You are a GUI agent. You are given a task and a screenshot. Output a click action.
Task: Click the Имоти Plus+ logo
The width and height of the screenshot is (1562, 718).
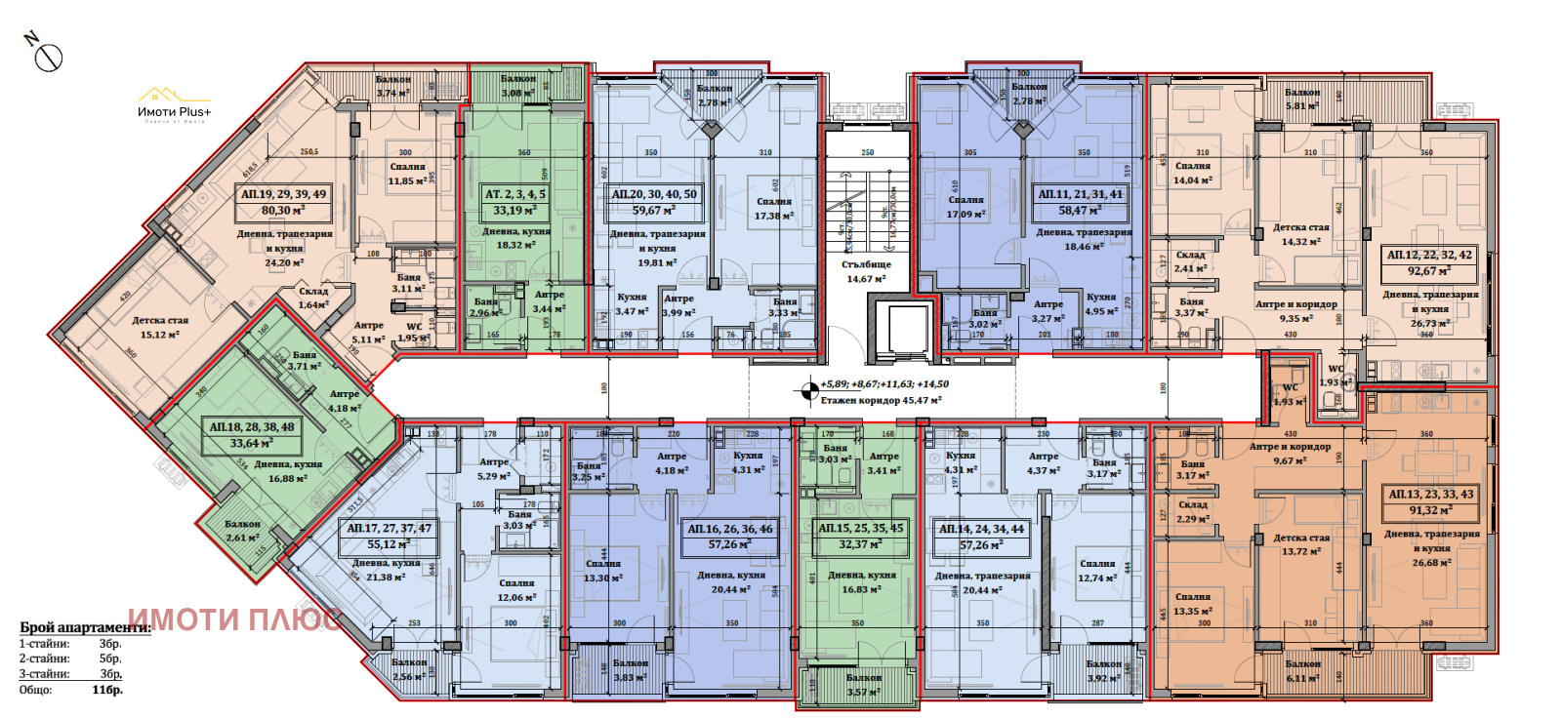click(175, 103)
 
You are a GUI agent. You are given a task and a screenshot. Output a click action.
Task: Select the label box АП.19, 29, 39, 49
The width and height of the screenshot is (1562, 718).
click(284, 202)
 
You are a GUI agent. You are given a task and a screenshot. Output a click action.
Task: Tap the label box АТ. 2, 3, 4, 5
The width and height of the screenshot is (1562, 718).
click(515, 202)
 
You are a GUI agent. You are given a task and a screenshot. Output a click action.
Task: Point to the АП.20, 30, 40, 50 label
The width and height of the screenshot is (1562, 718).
click(654, 202)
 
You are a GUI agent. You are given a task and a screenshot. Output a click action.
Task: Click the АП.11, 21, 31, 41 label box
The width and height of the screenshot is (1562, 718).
click(1080, 202)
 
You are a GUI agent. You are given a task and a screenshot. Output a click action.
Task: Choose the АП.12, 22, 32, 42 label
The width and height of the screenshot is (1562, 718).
click(1429, 262)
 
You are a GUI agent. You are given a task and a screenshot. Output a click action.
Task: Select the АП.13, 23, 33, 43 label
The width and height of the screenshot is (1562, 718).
click(1431, 501)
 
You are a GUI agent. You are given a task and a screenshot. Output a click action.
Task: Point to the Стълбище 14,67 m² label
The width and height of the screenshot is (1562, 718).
click(866, 271)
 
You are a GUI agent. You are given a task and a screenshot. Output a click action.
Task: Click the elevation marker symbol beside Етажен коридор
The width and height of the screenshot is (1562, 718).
click(807, 391)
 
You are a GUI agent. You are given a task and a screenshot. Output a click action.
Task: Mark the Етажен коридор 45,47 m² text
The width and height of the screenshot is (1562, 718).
click(881, 400)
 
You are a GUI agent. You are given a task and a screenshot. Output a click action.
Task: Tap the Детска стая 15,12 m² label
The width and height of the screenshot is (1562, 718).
click(160, 327)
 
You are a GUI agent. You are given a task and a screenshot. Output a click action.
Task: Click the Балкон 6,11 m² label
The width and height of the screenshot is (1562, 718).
click(1302, 671)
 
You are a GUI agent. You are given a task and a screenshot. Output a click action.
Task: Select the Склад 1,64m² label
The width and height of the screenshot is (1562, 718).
click(313, 298)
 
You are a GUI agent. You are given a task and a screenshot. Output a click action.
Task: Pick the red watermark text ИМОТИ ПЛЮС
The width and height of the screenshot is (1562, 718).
click(234, 619)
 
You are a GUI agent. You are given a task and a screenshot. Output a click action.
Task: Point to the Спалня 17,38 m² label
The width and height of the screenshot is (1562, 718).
click(773, 209)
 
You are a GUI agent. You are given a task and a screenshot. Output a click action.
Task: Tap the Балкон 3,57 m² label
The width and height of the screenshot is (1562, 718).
click(863, 684)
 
